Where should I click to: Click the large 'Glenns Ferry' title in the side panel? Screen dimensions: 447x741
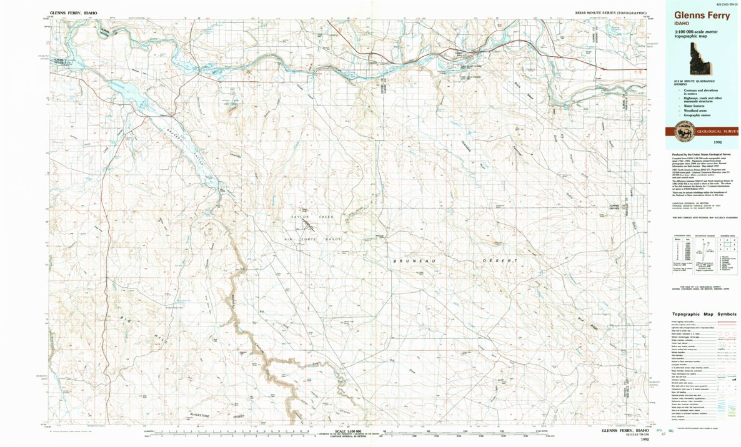[702, 16]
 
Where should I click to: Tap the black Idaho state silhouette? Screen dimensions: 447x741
[703, 62]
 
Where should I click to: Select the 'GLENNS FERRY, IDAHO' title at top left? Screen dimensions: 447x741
[74, 12]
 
